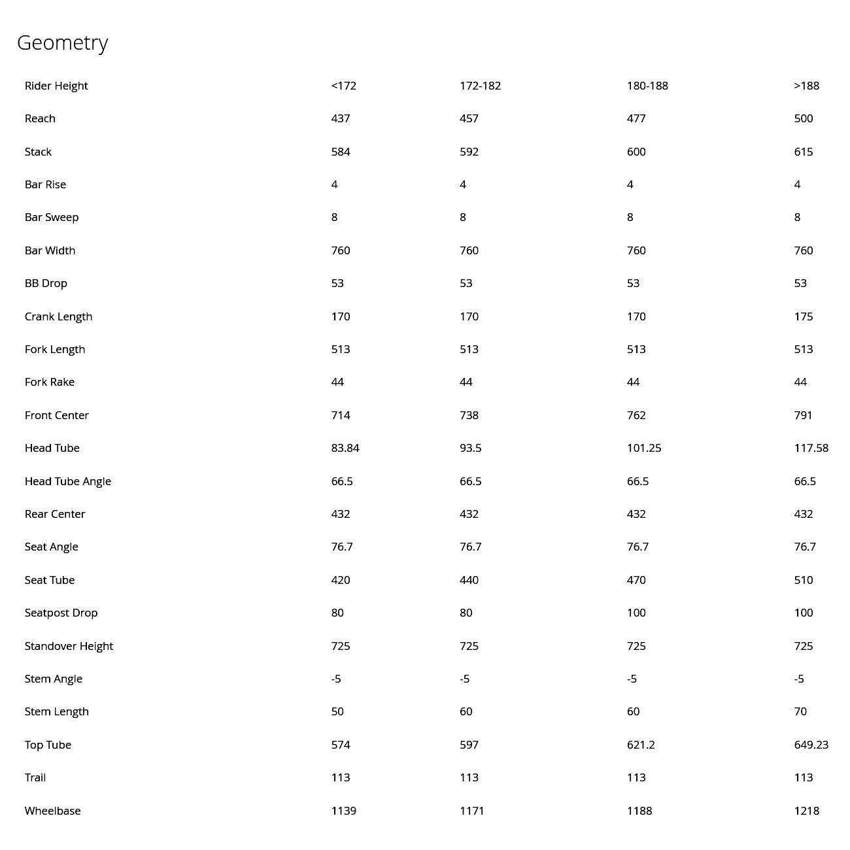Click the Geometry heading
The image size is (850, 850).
point(62,43)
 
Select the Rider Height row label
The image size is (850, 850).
point(56,86)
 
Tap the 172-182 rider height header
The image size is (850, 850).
point(480,86)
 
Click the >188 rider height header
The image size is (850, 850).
point(806,86)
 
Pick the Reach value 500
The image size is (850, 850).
point(804,118)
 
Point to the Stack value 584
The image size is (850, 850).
point(341,152)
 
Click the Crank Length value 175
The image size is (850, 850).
point(804,316)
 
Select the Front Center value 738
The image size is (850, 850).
point(469,415)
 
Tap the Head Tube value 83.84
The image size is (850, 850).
point(345,448)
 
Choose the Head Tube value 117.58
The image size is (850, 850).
point(811,448)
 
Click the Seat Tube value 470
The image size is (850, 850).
point(636,580)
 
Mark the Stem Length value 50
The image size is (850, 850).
point(337,711)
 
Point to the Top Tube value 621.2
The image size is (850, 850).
point(641,745)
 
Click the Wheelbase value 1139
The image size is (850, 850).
point(343,811)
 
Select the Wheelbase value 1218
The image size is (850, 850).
point(806,811)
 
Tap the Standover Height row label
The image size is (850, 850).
point(69,646)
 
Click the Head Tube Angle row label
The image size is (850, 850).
point(68,481)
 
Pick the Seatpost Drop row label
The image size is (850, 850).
point(61,613)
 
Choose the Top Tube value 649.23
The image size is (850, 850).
point(811,745)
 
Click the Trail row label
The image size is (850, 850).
point(35,777)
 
